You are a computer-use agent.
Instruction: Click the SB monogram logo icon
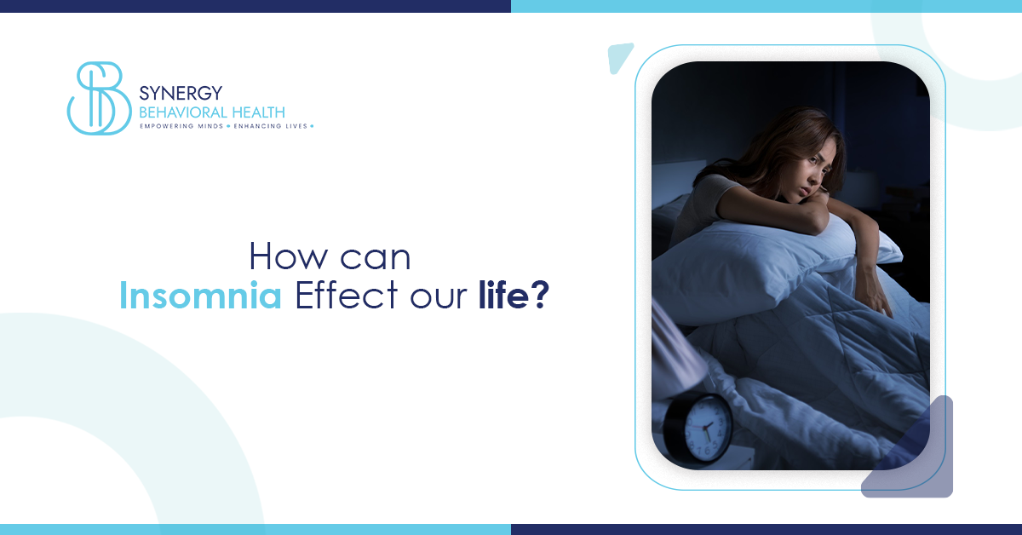point(95,98)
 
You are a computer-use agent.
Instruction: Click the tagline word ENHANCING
point(261,126)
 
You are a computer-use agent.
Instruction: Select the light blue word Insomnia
point(200,294)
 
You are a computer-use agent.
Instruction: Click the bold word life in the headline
point(499,294)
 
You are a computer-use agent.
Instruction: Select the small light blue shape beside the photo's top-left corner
point(620,55)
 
